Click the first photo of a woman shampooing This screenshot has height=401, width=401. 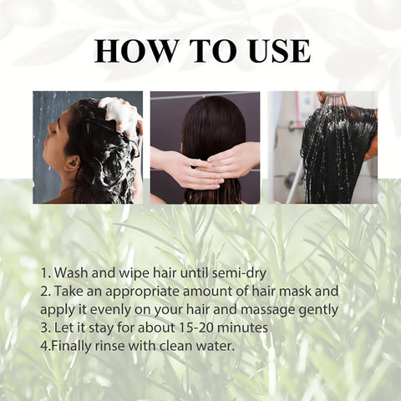pyautogui.click(x=88, y=147)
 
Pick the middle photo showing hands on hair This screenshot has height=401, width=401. pyautogui.click(x=205, y=147)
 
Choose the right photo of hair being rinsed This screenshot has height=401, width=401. pyautogui.click(x=322, y=147)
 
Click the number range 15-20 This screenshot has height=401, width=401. pyautogui.click(x=193, y=327)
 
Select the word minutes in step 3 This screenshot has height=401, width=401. pyautogui.click(x=242, y=327)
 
